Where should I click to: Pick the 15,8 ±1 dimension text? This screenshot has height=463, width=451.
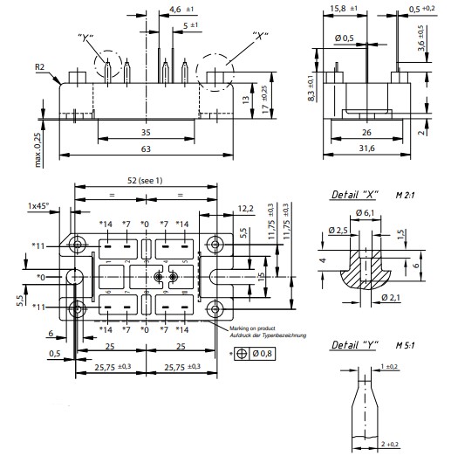tap(338, 9)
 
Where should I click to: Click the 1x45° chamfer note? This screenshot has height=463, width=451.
tap(38, 205)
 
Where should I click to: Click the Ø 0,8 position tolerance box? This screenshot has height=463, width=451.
tap(262, 354)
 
